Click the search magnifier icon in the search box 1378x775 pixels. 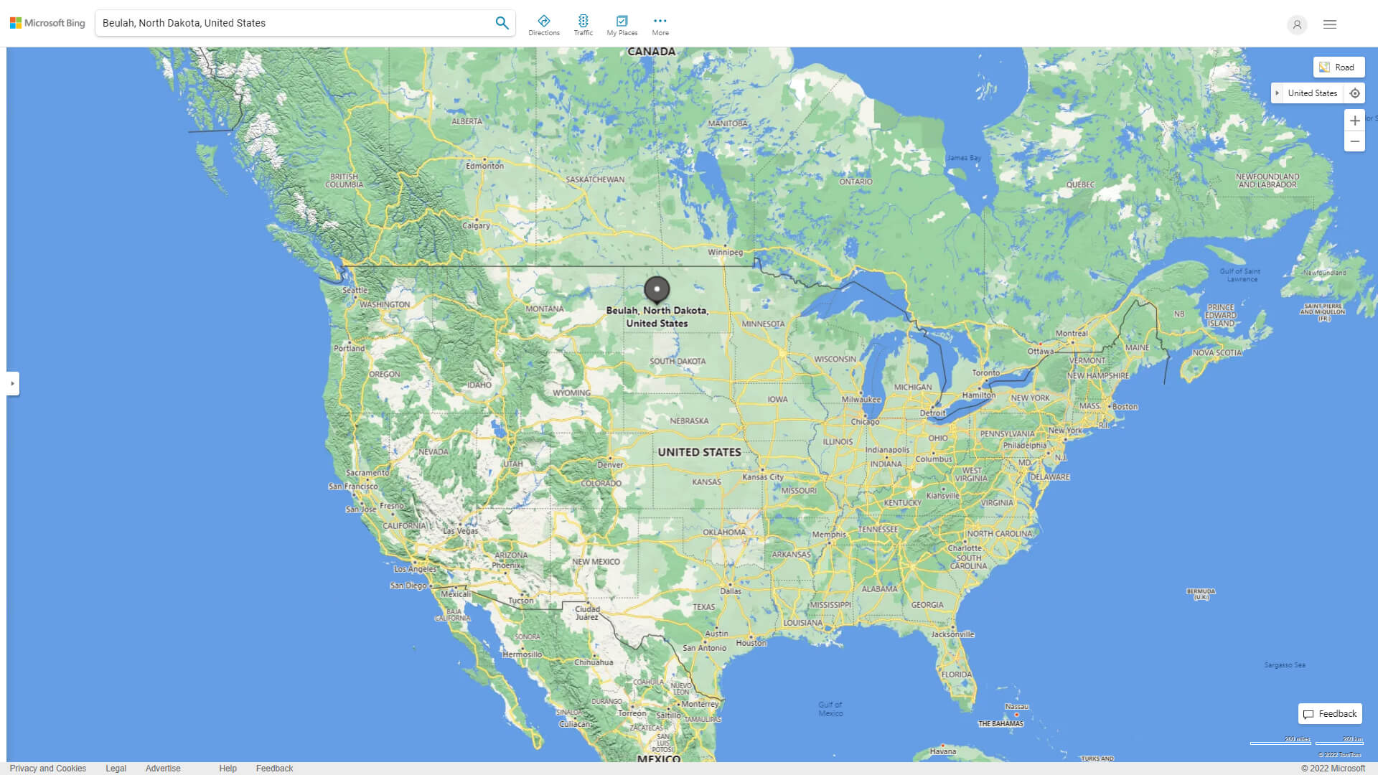(x=502, y=23)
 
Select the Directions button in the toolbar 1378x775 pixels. (x=544, y=25)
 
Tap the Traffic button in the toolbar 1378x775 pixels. (x=583, y=25)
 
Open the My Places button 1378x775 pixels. (x=622, y=25)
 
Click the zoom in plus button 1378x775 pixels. (x=1354, y=121)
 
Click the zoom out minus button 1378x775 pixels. (x=1354, y=141)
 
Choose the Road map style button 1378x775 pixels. (x=1339, y=67)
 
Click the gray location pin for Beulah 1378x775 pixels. (x=657, y=289)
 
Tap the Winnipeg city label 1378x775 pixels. (x=725, y=252)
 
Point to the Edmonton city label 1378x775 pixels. (x=484, y=166)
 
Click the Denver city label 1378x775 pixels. (x=610, y=464)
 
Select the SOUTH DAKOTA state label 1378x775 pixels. (x=678, y=361)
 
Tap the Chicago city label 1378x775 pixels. (x=865, y=421)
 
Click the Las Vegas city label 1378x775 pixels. (x=460, y=531)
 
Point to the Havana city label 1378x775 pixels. (x=942, y=751)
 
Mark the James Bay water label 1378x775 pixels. (x=963, y=158)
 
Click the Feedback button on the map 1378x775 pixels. (x=1330, y=714)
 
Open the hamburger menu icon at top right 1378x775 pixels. (x=1329, y=24)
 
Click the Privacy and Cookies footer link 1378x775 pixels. (x=48, y=768)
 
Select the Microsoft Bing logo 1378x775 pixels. (x=47, y=23)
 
